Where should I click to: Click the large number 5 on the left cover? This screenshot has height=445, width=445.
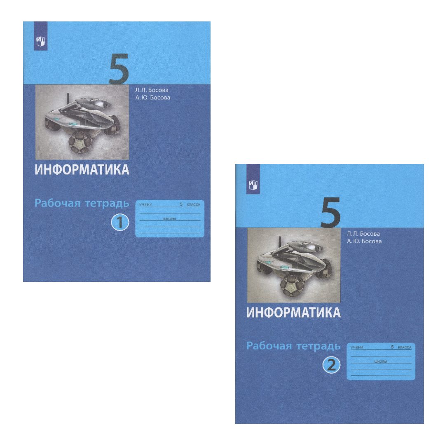pos(119,69)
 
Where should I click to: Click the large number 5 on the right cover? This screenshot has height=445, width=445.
pos(330,213)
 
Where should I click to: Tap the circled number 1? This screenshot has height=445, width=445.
pos(120,222)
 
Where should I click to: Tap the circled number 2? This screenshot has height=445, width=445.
pos(331,365)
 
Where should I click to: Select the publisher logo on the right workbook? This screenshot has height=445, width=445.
pos(253,185)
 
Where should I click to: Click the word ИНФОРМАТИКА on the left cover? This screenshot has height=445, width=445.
pos(82,170)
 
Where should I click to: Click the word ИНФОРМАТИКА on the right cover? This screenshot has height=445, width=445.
pos(293,312)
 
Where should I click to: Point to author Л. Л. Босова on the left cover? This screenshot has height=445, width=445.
pos(152,90)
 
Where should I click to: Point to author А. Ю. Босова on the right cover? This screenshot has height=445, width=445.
pos(364,241)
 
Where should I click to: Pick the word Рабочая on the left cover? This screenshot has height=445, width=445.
pos(58,203)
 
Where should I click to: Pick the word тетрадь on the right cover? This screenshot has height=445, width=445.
pos(319,346)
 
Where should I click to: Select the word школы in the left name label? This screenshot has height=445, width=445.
pos(170,219)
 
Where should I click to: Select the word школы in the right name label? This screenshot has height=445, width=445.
pos(381,362)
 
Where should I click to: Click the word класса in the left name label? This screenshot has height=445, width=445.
pos(194,204)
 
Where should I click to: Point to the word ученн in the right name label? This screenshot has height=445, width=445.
pos(357,347)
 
